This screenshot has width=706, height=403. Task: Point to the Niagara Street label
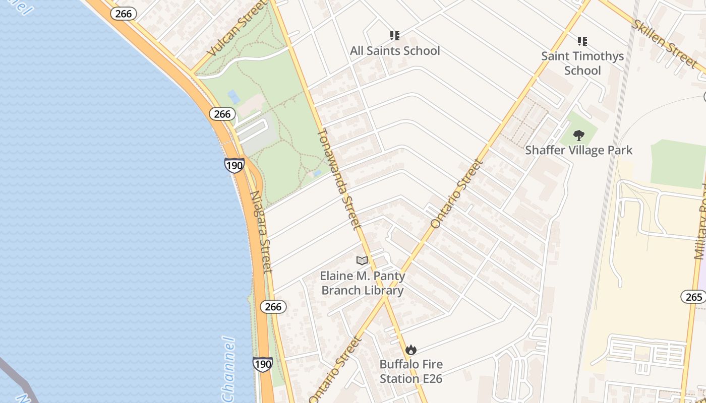tap(262, 231)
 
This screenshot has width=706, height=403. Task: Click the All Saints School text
tap(395, 51)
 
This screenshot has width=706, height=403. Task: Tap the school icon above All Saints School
tap(394, 36)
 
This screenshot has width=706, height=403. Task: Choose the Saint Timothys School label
tap(582, 63)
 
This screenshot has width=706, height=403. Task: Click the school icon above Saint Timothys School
tap(582, 41)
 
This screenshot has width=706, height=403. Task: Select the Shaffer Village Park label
tap(578, 150)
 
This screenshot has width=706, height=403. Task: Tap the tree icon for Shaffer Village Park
tap(578, 135)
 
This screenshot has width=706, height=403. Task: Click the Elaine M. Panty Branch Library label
tap(363, 283)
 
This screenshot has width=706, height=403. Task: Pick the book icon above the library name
tap(362, 260)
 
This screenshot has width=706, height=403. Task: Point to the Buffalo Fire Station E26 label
tap(411, 371)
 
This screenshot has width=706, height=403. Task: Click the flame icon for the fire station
tap(411, 350)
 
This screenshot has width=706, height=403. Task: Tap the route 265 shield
tap(693, 297)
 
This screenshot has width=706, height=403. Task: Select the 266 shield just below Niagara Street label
tap(273, 306)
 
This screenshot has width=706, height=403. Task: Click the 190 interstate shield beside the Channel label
tap(262, 364)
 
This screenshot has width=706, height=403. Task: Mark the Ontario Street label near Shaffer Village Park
tap(457, 194)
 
